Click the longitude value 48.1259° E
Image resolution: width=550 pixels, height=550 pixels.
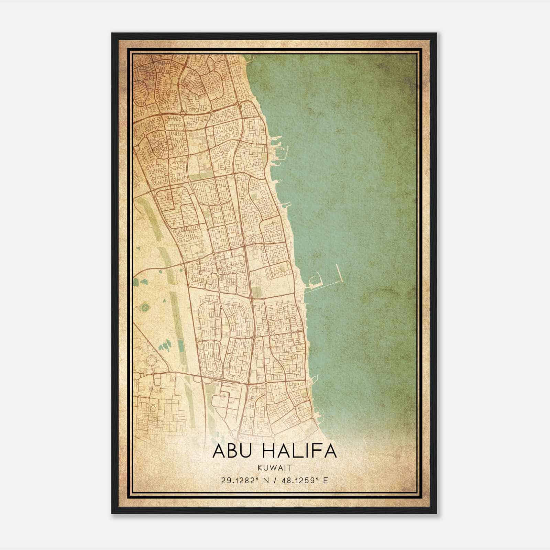304,480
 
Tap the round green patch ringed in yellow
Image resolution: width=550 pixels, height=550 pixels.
145,306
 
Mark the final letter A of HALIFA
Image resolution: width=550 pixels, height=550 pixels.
330,451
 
